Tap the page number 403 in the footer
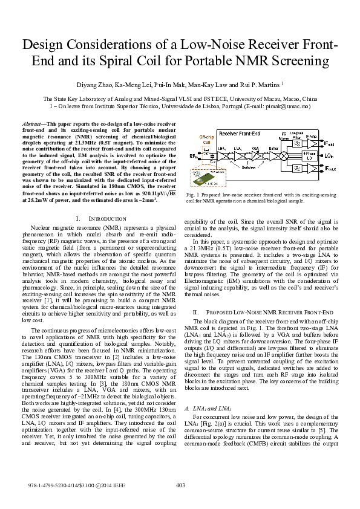(x=180, y=485)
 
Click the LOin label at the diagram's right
(x=330, y=156)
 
